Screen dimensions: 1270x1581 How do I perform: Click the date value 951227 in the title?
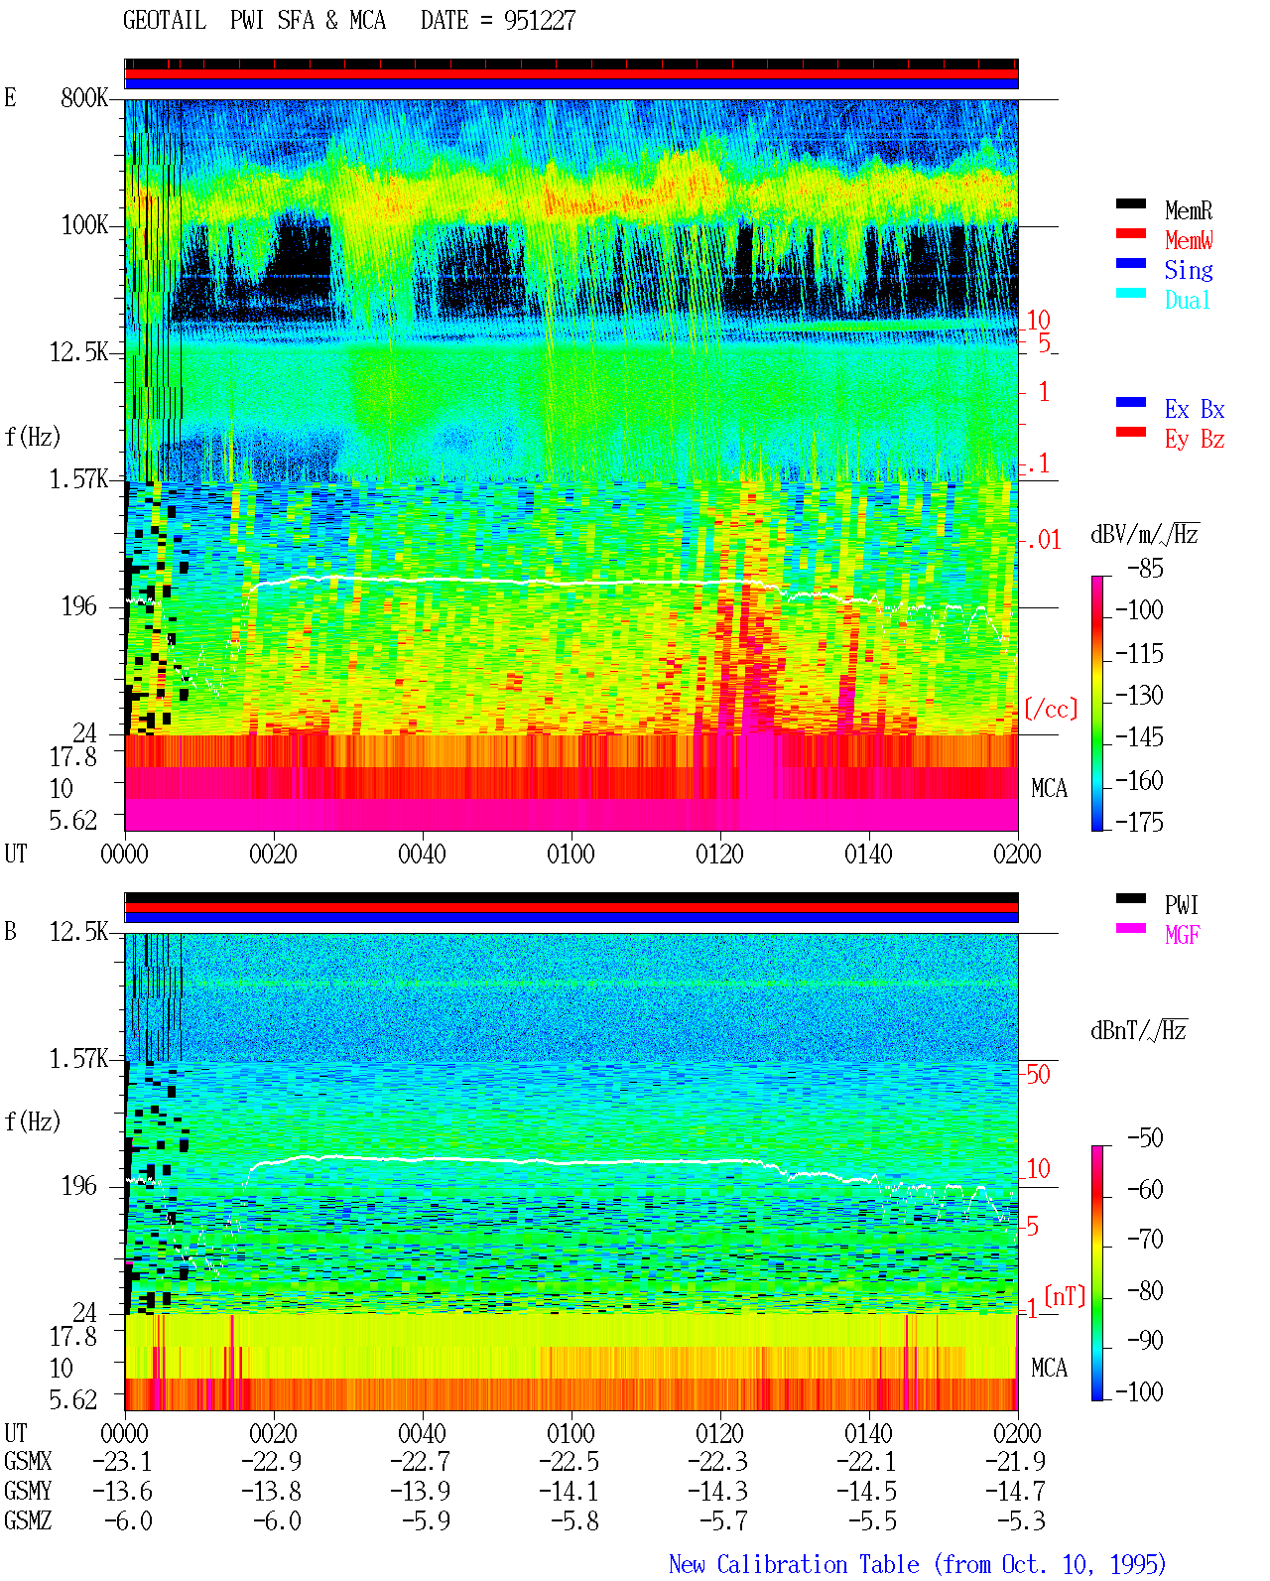pyautogui.click(x=540, y=20)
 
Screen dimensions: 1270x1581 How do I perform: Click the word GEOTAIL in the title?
pyautogui.click(x=165, y=20)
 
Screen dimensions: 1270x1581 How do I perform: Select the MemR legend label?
pyautogui.click(x=1189, y=210)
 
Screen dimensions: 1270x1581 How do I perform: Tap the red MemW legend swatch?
pyautogui.click(x=1130, y=233)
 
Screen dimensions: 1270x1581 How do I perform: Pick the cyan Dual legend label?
pyautogui.click(x=1188, y=300)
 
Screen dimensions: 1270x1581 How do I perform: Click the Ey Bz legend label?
pyautogui.click(x=1195, y=439)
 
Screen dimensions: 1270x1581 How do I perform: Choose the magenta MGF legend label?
pyautogui.click(x=1182, y=935)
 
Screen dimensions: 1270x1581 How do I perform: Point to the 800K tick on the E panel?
pyautogui.click(x=83, y=97)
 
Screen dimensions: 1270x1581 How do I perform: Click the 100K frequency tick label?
pyautogui.click(x=84, y=225)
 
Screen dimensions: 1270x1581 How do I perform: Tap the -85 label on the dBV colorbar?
pyautogui.click(x=1145, y=568)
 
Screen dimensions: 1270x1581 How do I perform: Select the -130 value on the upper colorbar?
pyautogui.click(x=1139, y=695)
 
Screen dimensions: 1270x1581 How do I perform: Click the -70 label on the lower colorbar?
pyautogui.click(x=1146, y=1240)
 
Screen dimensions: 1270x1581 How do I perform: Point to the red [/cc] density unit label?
pyautogui.click(x=1051, y=709)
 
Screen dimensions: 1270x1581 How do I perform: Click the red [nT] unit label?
pyautogui.click(x=1065, y=1296)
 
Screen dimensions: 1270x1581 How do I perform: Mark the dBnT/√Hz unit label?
pyautogui.click(x=1138, y=1031)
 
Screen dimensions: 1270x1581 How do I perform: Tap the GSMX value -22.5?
pyautogui.click(x=570, y=1462)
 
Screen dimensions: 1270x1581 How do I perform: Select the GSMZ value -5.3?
pyautogui.click(x=1022, y=1520)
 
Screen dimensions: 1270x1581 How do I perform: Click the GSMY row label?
pyautogui.click(x=28, y=1492)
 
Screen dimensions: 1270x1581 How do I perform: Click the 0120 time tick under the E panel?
pyautogui.click(x=720, y=854)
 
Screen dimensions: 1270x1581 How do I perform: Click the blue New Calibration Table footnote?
pyautogui.click(x=918, y=1564)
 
